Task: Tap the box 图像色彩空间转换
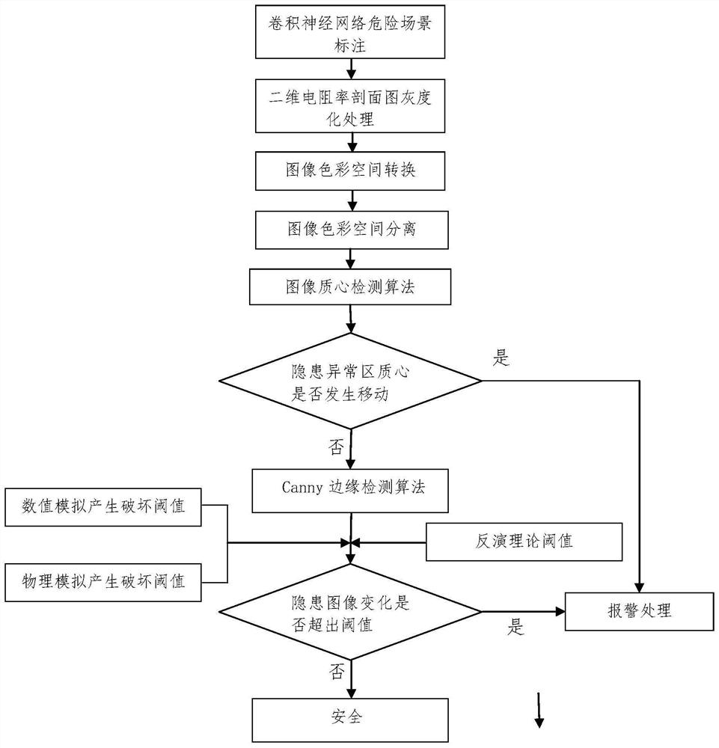352,171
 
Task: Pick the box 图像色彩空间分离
352,230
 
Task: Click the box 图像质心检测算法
350,288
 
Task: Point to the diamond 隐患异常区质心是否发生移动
350,383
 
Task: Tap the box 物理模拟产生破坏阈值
104,580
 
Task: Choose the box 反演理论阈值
524,542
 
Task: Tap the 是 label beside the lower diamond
516,628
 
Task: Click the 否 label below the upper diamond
336,448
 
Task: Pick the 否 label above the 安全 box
336,672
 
